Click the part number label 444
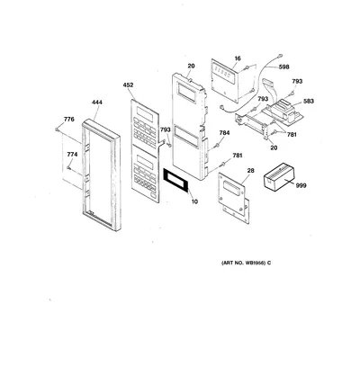[x=97, y=103]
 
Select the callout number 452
[x=128, y=85]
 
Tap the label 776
[x=69, y=120]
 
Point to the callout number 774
[x=72, y=155]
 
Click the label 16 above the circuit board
[x=238, y=58]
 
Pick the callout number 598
[x=283, y=67]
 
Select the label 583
[x=309, y=102]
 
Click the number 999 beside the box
[x=301, y=186]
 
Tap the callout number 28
[x=250, y=171]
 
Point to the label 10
[x=194, y=201]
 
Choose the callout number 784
[x=224, y=133]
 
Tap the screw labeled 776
[x=57, y=129]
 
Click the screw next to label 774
[x=69, y=168]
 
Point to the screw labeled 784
[x=215, y=146]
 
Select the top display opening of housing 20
[x=187, y=92]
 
